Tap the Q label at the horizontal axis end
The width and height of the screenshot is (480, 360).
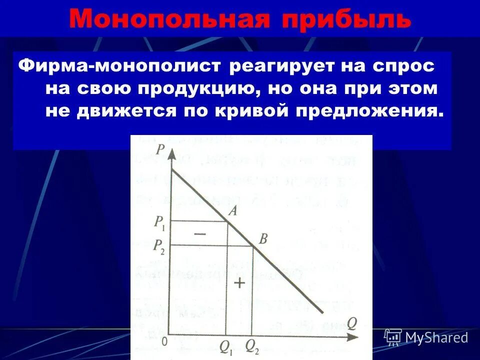pos(352,323)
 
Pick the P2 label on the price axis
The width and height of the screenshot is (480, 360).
pos(159,245)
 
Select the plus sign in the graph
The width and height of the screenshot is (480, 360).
pos(239,283)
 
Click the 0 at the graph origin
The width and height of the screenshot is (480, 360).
pos(163,341)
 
